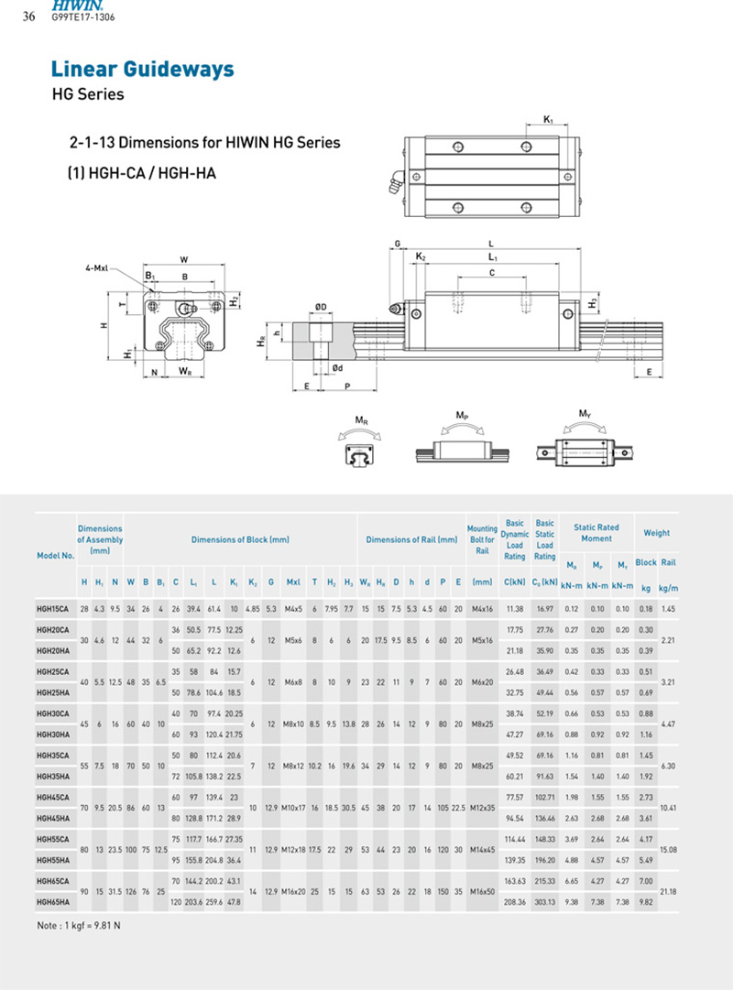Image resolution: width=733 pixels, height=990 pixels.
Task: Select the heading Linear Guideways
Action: click(x=142, y=70)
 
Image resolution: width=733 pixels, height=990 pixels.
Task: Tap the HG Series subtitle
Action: click(x=88, y=94)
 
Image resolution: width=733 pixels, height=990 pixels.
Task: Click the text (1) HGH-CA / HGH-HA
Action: click(x=142, y=172)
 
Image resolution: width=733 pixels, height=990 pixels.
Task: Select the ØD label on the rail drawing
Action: click(x=321, y=306)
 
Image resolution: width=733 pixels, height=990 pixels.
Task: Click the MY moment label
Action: click(x=584, y=415)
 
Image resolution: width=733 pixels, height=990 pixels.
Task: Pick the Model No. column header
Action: click(x=55, y=556)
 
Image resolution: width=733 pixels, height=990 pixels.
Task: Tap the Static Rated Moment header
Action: click(x=596, y=533)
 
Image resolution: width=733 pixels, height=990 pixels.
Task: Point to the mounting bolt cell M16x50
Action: click(x=482, y=890)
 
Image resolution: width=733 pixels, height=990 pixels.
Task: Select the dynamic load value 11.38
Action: click(x=514, y=608)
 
